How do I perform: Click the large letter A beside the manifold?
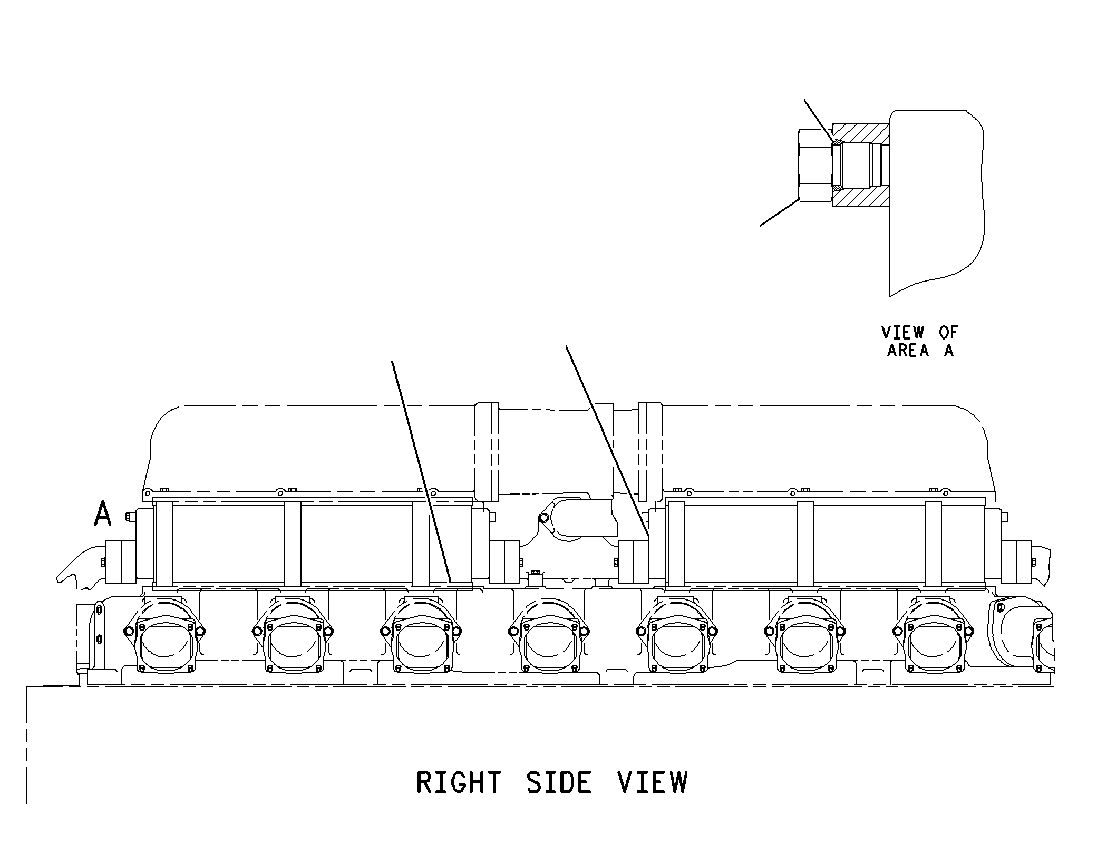click(x=103, y=514)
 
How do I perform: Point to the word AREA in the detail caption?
click(x=908, y=351)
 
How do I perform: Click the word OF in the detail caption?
click(x=948, y=333)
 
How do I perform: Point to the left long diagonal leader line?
click(x=422, y=471)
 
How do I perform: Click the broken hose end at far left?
click(x=82, y=567)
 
